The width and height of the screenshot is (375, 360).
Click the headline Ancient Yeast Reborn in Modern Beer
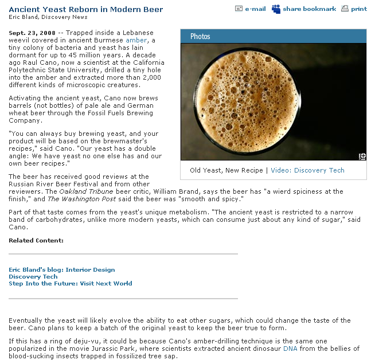(86, 9)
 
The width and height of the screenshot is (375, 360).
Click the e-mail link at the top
(255, 9)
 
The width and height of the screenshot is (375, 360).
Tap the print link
(359, 9)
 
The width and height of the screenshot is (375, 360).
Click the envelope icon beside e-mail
(239, 9)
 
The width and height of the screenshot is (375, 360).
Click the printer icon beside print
(345, 9)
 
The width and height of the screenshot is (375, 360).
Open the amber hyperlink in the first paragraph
(136, 40)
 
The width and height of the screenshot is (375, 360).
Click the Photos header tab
(200, 36)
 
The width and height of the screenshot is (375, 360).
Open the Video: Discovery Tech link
(307, 170)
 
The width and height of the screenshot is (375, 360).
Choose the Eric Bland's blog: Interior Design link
(62, 269)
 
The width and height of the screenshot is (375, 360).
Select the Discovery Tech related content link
(33, 276)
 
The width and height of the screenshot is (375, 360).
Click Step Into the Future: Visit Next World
(71, 283)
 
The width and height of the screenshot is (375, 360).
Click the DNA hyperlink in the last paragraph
(290, 348)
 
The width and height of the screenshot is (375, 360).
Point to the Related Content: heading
(36, 240)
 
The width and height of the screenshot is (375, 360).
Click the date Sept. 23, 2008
(32, 33)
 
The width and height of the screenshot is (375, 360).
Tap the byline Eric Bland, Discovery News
(48, 17)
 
